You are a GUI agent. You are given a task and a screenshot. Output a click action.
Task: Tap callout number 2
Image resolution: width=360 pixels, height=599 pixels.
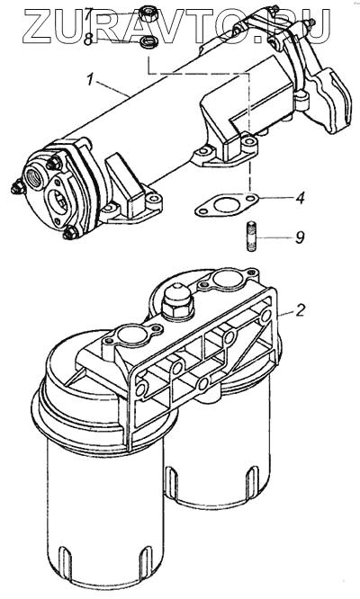(x=301, y=310)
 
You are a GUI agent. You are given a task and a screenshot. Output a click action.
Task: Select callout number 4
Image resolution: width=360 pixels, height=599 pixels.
(x=301, y=198)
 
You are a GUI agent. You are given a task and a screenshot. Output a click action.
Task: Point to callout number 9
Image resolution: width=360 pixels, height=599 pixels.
(x=300, y=237)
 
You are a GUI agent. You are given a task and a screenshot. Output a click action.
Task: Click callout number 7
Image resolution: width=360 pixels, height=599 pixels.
(x=88, y=15)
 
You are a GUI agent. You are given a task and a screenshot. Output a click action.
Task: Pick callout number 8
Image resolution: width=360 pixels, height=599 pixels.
(x=88, y=40)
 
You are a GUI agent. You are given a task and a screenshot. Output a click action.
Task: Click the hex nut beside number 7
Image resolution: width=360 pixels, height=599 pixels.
(x=147, y=13)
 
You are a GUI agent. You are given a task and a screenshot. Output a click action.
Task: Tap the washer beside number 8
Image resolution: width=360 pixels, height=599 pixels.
(x=146, y=41)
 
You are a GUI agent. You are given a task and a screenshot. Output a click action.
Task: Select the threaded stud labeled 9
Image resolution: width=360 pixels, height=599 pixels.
(x=250, y=236)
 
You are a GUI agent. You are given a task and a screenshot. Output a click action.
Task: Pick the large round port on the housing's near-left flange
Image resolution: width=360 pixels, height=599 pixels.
(x=130, y=335)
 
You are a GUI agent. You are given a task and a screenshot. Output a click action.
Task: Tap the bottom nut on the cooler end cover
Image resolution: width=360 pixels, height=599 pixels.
(x=70, y=233)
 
